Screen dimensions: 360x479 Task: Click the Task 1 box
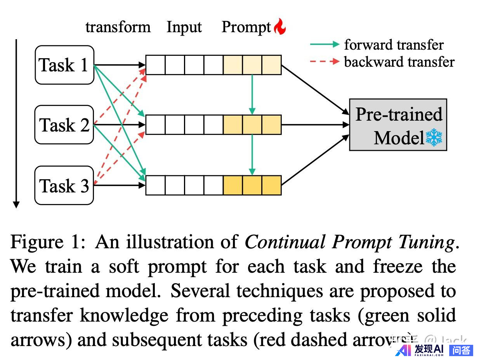coord(64,65)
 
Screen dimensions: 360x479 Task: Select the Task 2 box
coord(64,125)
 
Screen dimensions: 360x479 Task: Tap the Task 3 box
coord(64,185)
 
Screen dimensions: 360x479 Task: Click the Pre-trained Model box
coord(398,125)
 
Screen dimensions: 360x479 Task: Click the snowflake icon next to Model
coord(434,138)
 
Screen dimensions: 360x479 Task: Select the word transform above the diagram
coord(118,27)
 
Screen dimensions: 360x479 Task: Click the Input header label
coord(184,27)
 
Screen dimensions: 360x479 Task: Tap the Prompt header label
coord(246,27)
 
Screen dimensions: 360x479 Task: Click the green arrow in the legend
coord(325,45)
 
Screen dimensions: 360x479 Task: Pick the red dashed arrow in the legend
coord(325,62)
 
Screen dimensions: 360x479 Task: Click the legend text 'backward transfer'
coord(399,62)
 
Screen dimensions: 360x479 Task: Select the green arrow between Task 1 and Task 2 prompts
coord(252,94)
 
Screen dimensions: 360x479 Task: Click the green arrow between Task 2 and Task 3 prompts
coord(252,154)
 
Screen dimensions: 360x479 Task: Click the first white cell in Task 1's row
coord(155,65)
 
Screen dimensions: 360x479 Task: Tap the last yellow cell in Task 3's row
coord(271,185)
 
